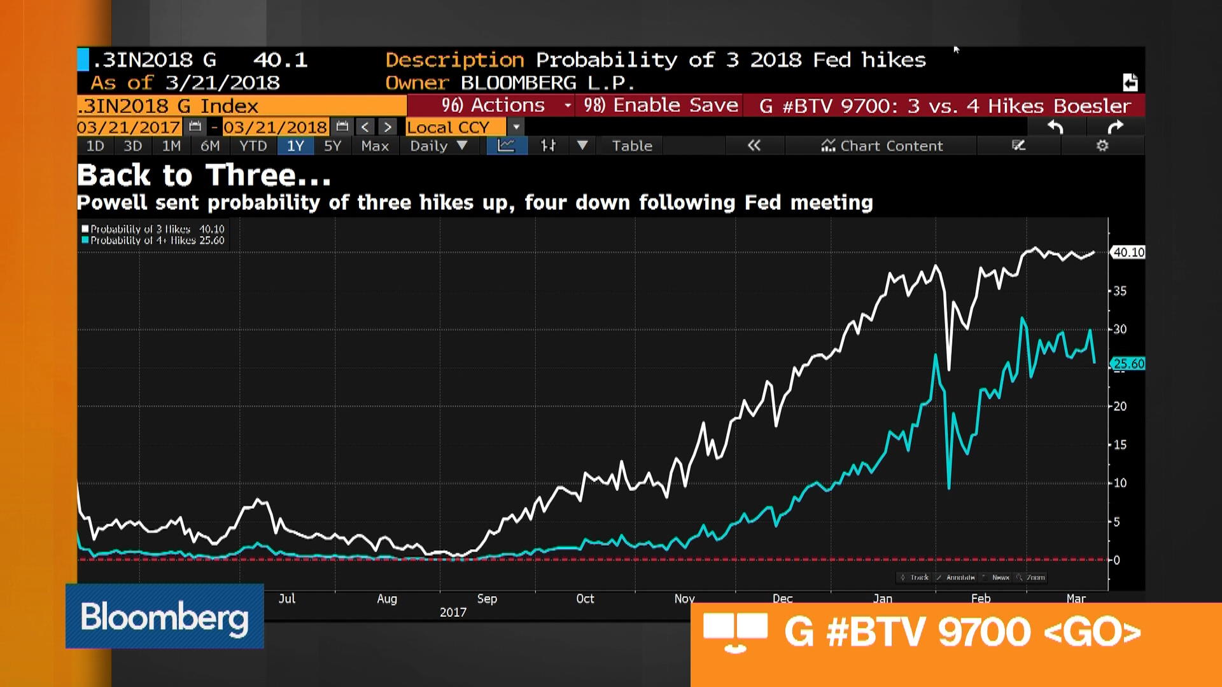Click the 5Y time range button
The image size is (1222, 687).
[332, 146]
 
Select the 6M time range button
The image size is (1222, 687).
[210, 146]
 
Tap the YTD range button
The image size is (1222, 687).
[253, 146]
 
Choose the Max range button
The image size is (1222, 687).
[374, 146]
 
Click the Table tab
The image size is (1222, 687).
[632, 146]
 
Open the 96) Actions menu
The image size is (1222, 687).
[493, 106]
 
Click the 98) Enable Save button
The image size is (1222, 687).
[661, 106]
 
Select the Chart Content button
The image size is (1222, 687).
[882, 146]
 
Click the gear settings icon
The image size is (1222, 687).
[1102, 146]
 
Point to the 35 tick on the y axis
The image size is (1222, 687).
[1120, 291]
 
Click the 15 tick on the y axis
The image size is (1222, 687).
[1120, 445]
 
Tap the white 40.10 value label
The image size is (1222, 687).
[1128, 253]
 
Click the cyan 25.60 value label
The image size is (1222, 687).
[1128, 364]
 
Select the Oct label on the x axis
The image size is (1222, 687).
[585, 599]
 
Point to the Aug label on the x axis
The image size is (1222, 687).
[387, 599]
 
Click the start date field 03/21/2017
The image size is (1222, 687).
[129, 127]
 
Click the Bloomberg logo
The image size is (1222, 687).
[164, 616]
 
